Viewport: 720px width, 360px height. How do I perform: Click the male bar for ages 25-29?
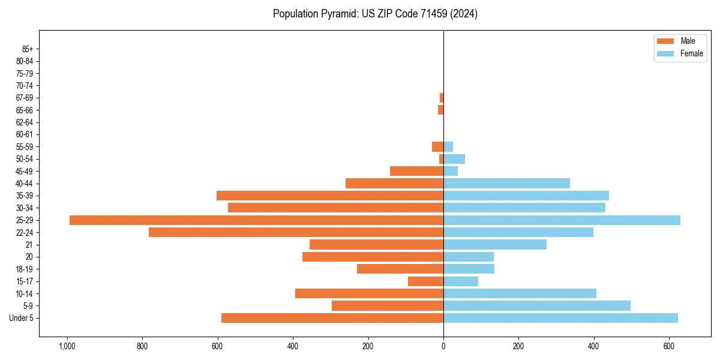256,220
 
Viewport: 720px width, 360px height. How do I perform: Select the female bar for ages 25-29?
562,220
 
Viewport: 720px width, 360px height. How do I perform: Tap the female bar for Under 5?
560,318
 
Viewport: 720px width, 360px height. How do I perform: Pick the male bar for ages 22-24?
296,232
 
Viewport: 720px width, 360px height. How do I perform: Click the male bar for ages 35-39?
330,196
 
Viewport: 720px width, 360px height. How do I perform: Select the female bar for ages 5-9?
537,305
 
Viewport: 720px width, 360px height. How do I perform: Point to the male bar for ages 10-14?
369,293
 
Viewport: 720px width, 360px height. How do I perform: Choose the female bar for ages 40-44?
506,184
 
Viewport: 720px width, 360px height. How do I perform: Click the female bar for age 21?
495,244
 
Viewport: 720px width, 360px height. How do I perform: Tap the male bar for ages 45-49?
416,171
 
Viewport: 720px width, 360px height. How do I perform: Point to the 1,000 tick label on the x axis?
67,346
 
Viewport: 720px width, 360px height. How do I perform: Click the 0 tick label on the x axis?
443,346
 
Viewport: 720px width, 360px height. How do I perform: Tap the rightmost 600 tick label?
669,346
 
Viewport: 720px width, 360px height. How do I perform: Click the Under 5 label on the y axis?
21,318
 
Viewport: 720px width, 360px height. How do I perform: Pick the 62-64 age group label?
25,122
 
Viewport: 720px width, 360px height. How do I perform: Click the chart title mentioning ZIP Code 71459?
375,14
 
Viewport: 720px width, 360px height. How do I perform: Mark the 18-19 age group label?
25,269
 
